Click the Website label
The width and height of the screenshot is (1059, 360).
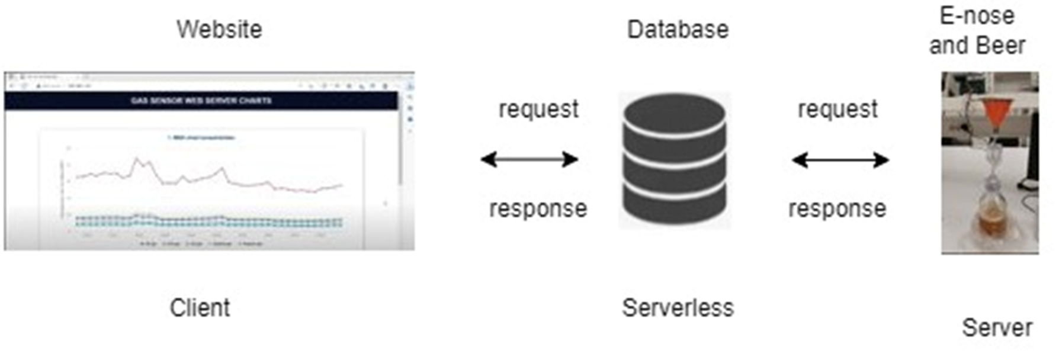click(219, 30)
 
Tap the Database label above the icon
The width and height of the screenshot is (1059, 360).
click(678, 30)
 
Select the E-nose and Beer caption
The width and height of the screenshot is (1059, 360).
click(977, 31)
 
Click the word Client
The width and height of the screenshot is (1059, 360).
click(200, 308)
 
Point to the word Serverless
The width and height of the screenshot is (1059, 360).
click(678, 308)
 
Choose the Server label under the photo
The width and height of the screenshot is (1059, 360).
click(997, 327)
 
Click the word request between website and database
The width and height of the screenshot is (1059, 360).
click(538, 110)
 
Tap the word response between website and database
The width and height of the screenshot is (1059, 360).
click(538, 208)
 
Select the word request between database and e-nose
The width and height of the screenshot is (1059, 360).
click(837, 110)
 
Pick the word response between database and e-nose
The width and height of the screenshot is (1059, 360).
click(837, 208)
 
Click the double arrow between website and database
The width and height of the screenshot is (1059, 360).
click(529, 159)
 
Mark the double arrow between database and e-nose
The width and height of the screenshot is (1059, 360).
click(840, 159)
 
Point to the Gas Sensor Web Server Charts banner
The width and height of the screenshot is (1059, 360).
click(201, 101)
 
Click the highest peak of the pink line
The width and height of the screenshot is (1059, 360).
click(137, 158)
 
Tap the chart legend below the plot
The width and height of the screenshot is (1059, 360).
click(201, 243)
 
